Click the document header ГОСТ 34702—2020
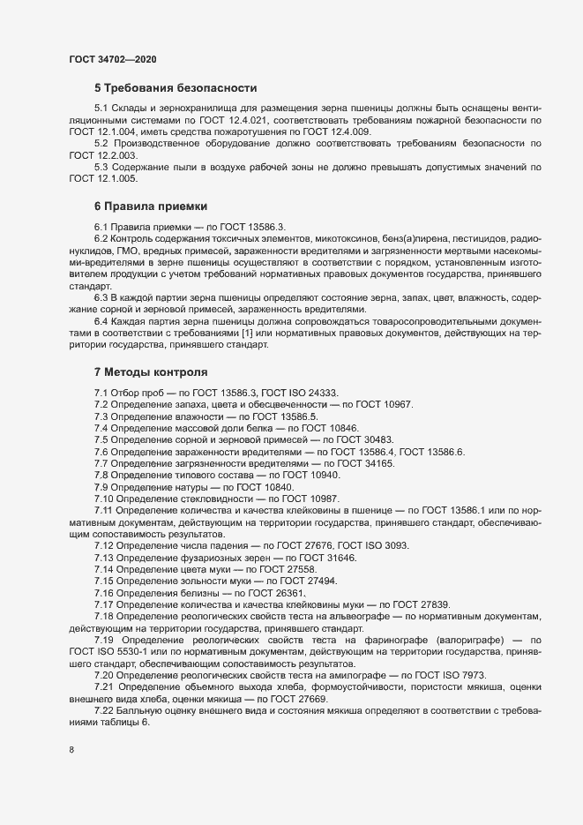(113, 59)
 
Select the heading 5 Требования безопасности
(175, 88)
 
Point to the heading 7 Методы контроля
(150, 373)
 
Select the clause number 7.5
(101, 439)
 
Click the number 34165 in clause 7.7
(377, 463)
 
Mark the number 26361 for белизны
(288, 593)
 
